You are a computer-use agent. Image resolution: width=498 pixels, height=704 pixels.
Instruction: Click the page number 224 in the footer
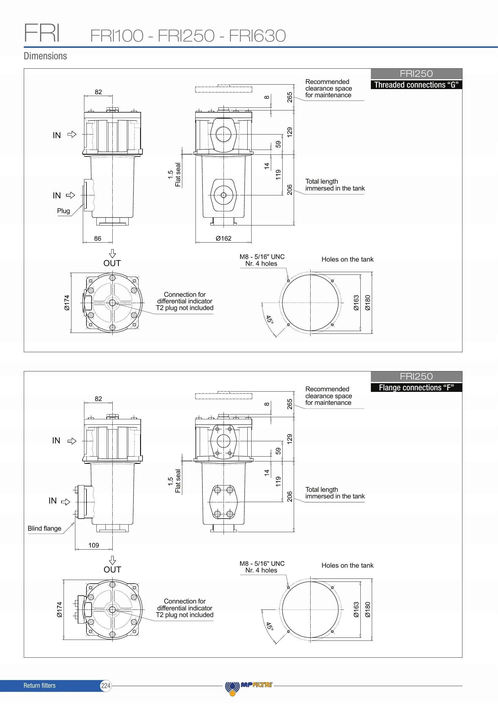coord(105,686)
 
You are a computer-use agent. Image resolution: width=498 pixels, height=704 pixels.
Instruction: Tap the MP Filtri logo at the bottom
coord(249,686)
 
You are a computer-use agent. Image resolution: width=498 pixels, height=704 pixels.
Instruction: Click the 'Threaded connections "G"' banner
coord(416,85)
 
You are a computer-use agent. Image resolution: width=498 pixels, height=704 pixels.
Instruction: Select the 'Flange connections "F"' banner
coord(416,388)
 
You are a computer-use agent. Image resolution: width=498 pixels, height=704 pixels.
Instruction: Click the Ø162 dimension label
coord(223,238)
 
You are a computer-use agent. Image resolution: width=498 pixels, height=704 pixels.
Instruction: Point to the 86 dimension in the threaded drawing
coord(98,238)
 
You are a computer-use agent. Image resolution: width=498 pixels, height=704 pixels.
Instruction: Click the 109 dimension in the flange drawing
coord(94,545)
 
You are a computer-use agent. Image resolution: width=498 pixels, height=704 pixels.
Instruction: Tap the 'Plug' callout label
coord(64,211)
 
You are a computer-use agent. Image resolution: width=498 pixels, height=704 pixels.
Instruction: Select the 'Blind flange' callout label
coord(45,528)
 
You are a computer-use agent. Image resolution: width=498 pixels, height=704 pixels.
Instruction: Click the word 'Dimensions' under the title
coord(45,56)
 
